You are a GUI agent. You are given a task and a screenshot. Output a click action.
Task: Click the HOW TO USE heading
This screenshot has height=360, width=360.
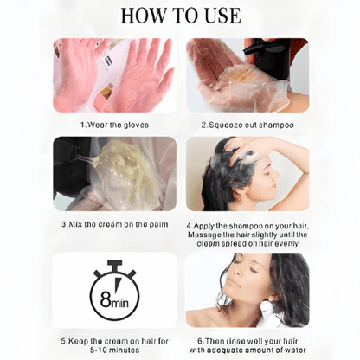tap(181, 16)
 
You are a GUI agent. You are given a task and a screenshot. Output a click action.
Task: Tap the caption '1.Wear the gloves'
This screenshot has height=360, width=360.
tap(115, 125)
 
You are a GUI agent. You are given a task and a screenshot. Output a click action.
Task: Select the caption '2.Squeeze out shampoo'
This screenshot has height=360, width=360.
tap(247, 125)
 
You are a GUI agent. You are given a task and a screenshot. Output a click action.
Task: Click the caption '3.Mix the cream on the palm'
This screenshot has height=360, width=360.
tap(115, 224)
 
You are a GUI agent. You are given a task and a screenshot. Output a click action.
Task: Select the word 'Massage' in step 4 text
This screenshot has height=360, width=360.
tap(204, 235)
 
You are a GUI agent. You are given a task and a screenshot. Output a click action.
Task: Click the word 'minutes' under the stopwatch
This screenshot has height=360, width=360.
tap(120, 350)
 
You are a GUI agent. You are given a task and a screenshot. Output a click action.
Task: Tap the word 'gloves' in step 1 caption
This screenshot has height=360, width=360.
tap(136, 125)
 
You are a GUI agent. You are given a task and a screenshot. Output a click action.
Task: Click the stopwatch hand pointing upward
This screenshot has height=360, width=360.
tap(117, 285)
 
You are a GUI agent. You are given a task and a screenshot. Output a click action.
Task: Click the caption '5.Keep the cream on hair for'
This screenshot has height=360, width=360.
tap(114, 341)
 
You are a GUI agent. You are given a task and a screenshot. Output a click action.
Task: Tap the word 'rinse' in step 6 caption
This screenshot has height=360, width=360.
tap(235, 341)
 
